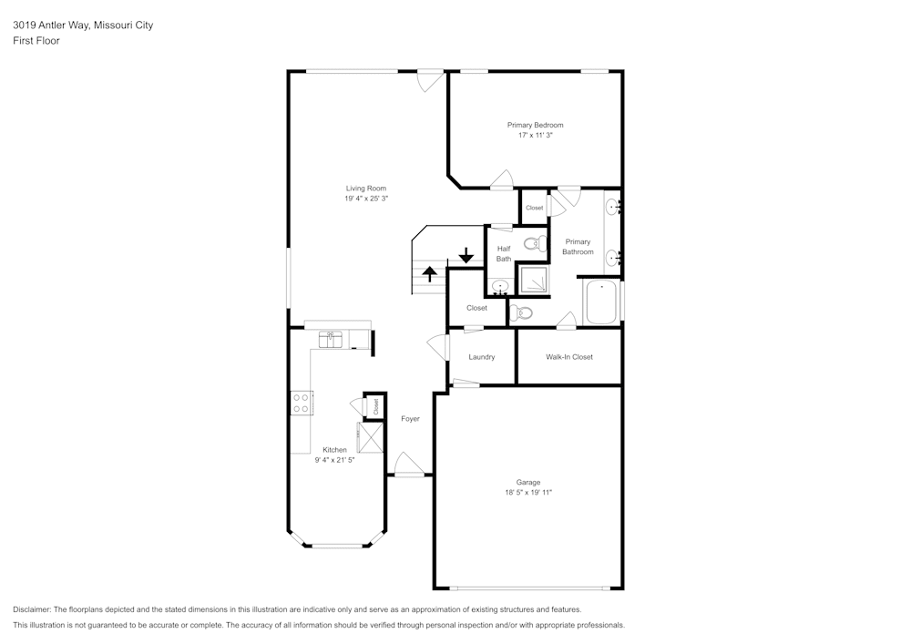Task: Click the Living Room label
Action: coord(365,189)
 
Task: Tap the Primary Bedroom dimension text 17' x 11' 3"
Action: coord(535,135)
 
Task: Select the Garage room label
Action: coord(528,482)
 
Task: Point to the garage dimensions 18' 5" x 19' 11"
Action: coord(528,492)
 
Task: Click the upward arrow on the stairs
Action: coord(429,272)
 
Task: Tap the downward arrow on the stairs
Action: coord(466,255)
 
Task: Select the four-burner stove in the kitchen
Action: coord(302,403)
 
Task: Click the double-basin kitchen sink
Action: coord(330,339)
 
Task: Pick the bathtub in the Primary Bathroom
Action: coord(601,302)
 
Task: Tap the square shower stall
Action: coord(533,280)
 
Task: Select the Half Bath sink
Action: coord(499,288)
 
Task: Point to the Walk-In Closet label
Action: coord(569,357)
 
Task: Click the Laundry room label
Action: coord(481,357)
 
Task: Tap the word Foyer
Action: coord(410,418)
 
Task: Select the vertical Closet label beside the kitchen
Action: coord(375,407)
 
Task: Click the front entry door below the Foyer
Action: coord(409,466)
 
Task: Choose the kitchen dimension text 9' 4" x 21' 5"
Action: coord(334,460)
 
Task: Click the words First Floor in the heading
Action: coord(36,41)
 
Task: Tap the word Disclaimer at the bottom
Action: coord(33,609)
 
